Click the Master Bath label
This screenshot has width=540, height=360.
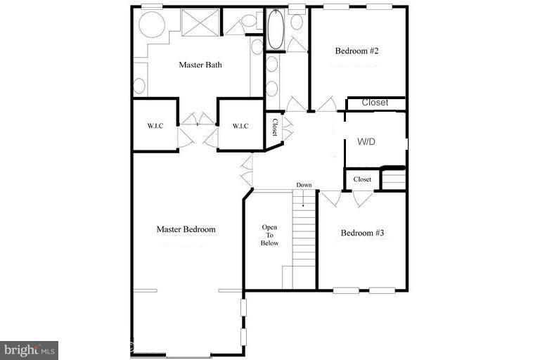pos(200,65)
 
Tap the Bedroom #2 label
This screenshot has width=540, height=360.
pos(356,51)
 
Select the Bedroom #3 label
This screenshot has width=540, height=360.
pos(362,233)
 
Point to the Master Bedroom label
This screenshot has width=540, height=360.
pos(186,229)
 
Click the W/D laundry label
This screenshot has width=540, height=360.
pos(366,142)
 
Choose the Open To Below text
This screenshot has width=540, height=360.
pos(270,235)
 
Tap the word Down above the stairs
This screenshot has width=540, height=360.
pos(304,185)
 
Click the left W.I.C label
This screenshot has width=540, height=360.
pos(155,126)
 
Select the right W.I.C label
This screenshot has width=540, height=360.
pos(240,126)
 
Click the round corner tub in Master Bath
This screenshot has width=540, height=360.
pos(150,25)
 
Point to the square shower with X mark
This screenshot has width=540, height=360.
pos(200,22)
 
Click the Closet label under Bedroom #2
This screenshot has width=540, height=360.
pos(375,103)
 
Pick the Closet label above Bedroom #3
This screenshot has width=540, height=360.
pos(362,179)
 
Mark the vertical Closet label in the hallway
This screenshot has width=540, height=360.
pos(275,127)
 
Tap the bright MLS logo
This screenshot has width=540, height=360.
pos(29,349)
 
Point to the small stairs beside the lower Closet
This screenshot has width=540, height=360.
pos(394,179)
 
